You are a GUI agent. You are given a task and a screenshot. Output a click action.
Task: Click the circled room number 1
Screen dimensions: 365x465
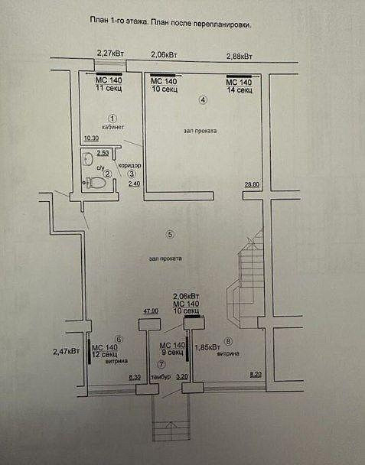(x=112, y=119)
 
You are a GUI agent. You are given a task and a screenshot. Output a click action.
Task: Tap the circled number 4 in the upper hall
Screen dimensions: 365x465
(x=203, y=100)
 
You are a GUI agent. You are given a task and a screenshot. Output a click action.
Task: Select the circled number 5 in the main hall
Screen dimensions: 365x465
(x=170, y=234)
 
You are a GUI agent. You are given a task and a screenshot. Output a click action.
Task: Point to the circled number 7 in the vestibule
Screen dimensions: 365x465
(x=161, y=364)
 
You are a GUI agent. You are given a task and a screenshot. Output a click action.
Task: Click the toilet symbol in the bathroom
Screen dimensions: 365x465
(x=96, y=182)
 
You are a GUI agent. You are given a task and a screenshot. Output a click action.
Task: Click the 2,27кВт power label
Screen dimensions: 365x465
(x=110, y=54)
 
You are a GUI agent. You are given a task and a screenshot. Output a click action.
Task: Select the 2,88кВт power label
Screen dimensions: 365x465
(x=240, y=57)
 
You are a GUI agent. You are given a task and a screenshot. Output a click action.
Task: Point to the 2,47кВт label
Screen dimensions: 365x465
(x=66, y=352)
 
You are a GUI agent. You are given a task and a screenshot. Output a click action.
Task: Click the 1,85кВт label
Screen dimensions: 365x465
(x=207, y=347)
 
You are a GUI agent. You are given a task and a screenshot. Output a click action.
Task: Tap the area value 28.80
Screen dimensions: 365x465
(x=252, y=184)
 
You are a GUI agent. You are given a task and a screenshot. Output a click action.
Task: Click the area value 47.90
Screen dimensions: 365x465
(x=151, y=311)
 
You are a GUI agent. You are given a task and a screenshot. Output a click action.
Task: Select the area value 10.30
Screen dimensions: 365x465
(x=91, y=138)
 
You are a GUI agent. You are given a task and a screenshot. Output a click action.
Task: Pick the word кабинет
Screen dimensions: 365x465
(x=112, y=127)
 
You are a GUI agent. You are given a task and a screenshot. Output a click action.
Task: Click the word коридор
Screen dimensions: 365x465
(x=129, y=165)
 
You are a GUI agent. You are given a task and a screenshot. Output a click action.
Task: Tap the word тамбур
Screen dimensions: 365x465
(x=161, y=377)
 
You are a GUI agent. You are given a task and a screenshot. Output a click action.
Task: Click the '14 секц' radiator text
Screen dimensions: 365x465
(x=240, y=89)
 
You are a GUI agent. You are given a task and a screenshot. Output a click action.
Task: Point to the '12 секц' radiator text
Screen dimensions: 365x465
(x=105, y=354)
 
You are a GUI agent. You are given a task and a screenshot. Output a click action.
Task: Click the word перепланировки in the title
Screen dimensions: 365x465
(x=222, y=24)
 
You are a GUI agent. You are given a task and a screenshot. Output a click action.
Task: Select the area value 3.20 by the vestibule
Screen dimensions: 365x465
(x=182, y=376)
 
